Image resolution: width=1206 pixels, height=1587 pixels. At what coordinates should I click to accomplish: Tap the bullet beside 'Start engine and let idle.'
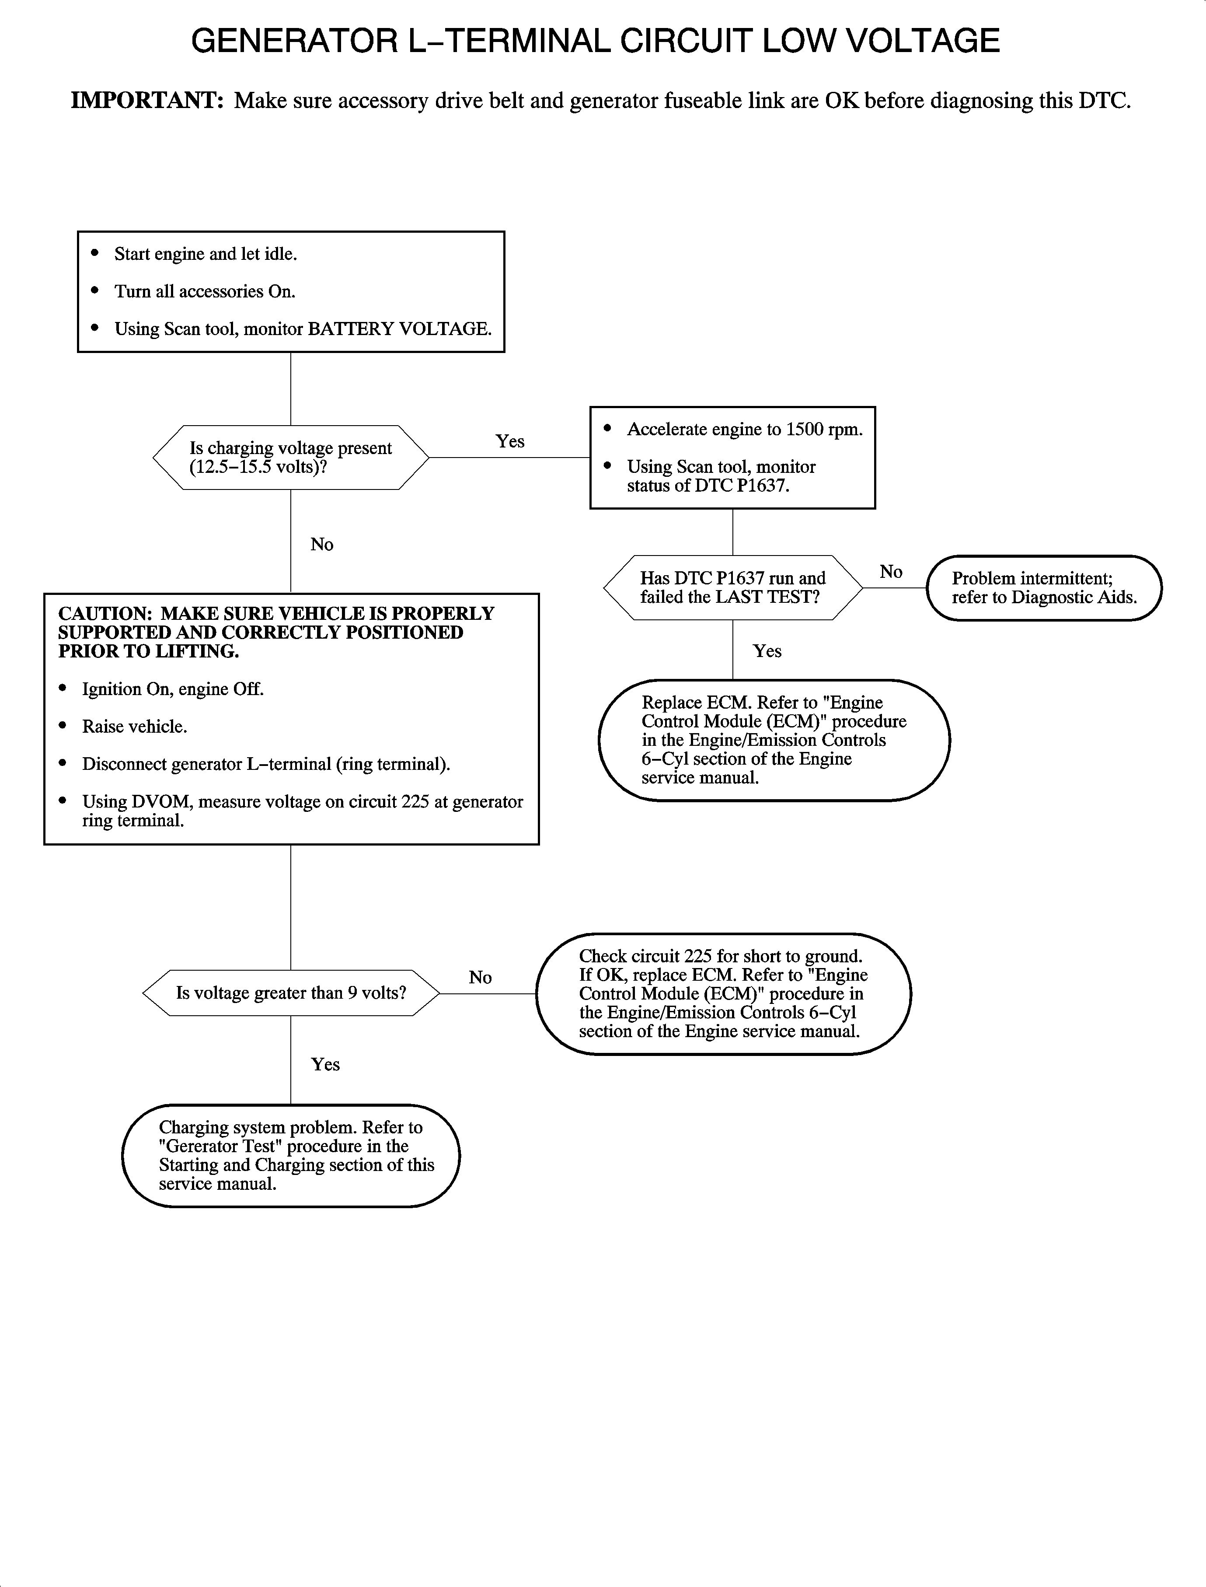click(x=95, y=253)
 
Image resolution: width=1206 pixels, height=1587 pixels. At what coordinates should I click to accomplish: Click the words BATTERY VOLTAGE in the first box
click(x=399, y=329)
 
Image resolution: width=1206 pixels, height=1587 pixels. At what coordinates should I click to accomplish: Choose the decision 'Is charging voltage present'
click(x=291, y=458)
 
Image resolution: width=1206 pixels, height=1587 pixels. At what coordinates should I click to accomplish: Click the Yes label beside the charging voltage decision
click(x=510, y=441)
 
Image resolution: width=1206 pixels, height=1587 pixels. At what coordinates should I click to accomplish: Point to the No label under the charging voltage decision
click(x=321, y=544)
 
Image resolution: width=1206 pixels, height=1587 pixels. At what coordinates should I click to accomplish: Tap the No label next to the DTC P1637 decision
click(x=891, y=572)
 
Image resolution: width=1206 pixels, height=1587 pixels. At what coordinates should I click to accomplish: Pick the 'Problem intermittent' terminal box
click(x=1044, y=587)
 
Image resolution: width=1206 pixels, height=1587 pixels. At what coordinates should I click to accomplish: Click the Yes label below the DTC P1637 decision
click(x=767, y=650)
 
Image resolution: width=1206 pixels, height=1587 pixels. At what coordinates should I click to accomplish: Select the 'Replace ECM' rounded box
click(x=774, y=740)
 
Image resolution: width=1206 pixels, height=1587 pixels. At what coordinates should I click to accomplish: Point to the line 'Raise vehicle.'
click(x=134, y=727)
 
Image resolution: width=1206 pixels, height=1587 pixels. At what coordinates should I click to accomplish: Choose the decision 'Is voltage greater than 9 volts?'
click(x=291, y=993)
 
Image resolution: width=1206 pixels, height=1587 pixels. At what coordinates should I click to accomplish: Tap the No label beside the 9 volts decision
click(x=480, y=977)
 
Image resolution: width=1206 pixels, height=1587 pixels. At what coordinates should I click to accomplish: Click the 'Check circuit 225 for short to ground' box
click(x=723, y=994)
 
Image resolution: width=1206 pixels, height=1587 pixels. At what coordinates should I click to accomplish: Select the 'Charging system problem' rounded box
click(x=291, y=1155)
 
